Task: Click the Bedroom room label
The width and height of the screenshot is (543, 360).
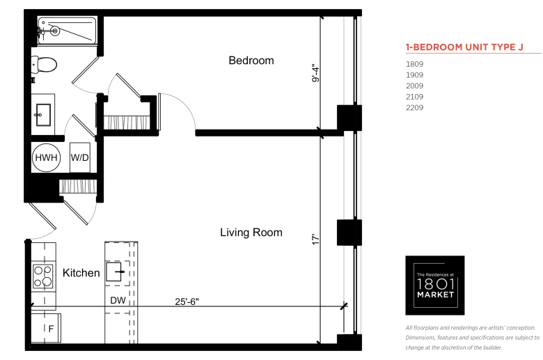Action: click(x=251, y=61)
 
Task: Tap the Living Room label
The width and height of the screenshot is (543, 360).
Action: click(x=251, y=232)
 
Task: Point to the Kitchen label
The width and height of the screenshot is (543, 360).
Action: click(x=81, y=273)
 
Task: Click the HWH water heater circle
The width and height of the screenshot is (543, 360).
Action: click(x=46, y=157)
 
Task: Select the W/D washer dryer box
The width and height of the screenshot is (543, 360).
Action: click(x=79, y=157)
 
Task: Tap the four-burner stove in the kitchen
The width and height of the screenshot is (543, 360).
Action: click(x=43, y=276)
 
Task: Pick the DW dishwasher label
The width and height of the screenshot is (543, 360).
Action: click(x=118, y=300)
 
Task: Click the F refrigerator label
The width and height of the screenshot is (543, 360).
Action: click(x=52, y=329)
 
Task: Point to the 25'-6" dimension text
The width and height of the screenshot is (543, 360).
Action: click(x=187, y=302)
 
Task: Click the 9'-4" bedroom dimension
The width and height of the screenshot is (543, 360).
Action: click(x=315, y=72)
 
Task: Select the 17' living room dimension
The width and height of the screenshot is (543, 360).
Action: click(x=315, y=240)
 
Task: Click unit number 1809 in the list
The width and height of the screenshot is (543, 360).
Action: click(x=414, y=64)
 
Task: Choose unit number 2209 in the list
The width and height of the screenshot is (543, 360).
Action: click(x=414, y=107)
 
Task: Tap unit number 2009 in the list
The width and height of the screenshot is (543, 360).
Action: click(x=414, y=86)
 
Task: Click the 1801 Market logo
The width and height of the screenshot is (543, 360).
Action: click(x=435, y=285)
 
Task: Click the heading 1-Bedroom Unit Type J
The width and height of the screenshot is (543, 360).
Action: click(x=464, y=47)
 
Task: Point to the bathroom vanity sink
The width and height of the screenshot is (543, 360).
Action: click(x=43, y=115)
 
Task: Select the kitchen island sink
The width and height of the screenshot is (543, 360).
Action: click(x=114, y=272)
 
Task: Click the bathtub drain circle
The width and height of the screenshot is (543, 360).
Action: click(x=55, y=31)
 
